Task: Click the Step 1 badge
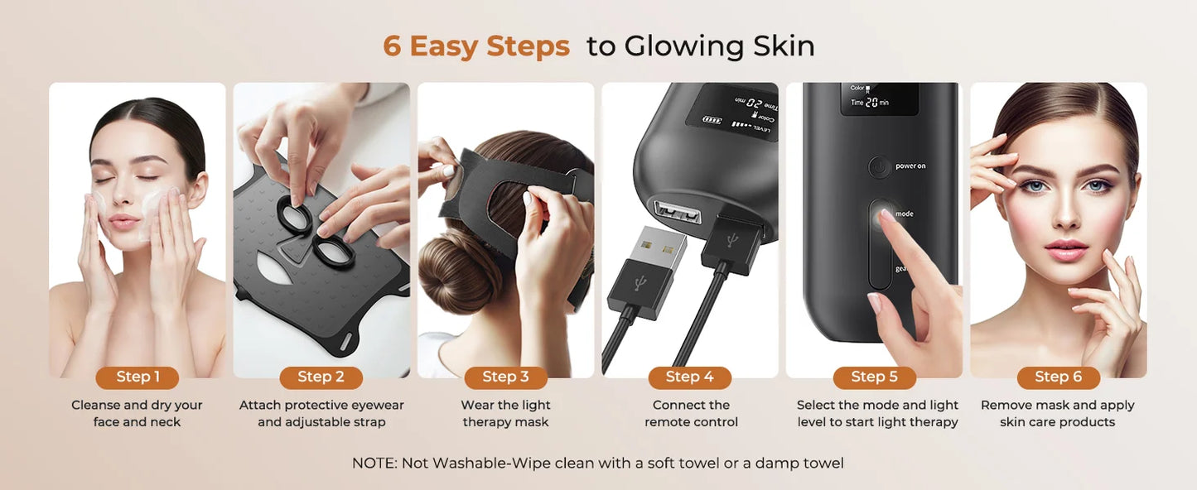pos(138,377)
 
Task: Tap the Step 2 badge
pos(321,377)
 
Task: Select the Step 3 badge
pos(505,377)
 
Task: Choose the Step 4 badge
pos(689,377)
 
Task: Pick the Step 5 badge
pos(874,377)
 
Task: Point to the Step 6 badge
pos(1058,377)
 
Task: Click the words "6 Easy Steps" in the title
pos(476,46)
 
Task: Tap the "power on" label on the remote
pos(910,166)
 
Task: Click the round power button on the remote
pos(879,167)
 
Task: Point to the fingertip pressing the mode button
pos(887,217)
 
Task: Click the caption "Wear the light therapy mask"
pos(505,414)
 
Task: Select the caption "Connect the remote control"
pos(690,414)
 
